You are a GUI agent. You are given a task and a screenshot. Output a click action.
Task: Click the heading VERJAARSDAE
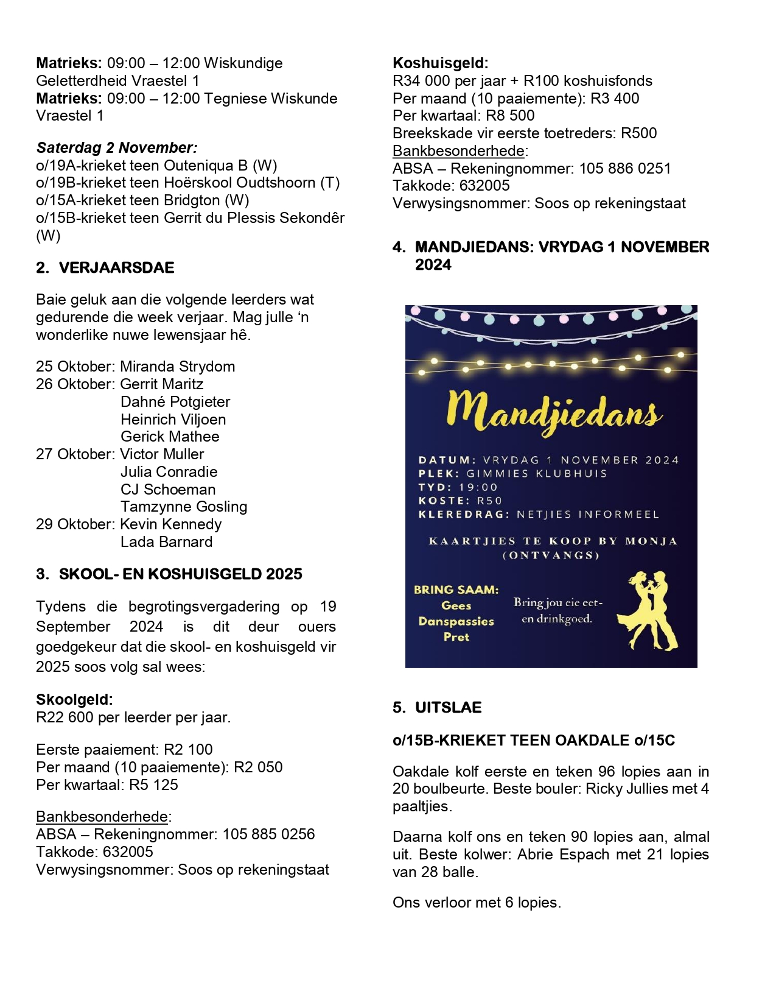[116, 268]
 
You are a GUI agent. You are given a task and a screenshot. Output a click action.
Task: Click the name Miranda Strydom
[177, 367]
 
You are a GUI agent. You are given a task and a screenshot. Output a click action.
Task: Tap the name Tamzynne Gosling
[184, 507]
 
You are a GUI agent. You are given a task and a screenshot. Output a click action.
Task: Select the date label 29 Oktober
[75, 524]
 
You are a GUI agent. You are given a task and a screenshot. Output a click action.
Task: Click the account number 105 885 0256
[268, 834]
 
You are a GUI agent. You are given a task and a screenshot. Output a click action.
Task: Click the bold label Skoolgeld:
[74, 700]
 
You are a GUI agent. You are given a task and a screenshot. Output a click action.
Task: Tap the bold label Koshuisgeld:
[441, 63]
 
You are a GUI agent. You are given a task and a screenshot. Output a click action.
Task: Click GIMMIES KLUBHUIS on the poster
[536, 474]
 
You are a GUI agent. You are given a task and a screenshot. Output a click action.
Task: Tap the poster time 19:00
[478, 487]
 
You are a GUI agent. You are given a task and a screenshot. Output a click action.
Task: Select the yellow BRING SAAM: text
[456, 590]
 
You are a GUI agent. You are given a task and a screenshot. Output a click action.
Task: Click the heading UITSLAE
[448, 708]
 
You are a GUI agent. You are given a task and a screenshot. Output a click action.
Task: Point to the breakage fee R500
[638, 133]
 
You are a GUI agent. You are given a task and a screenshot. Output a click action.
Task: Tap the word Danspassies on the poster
[456, 621]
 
